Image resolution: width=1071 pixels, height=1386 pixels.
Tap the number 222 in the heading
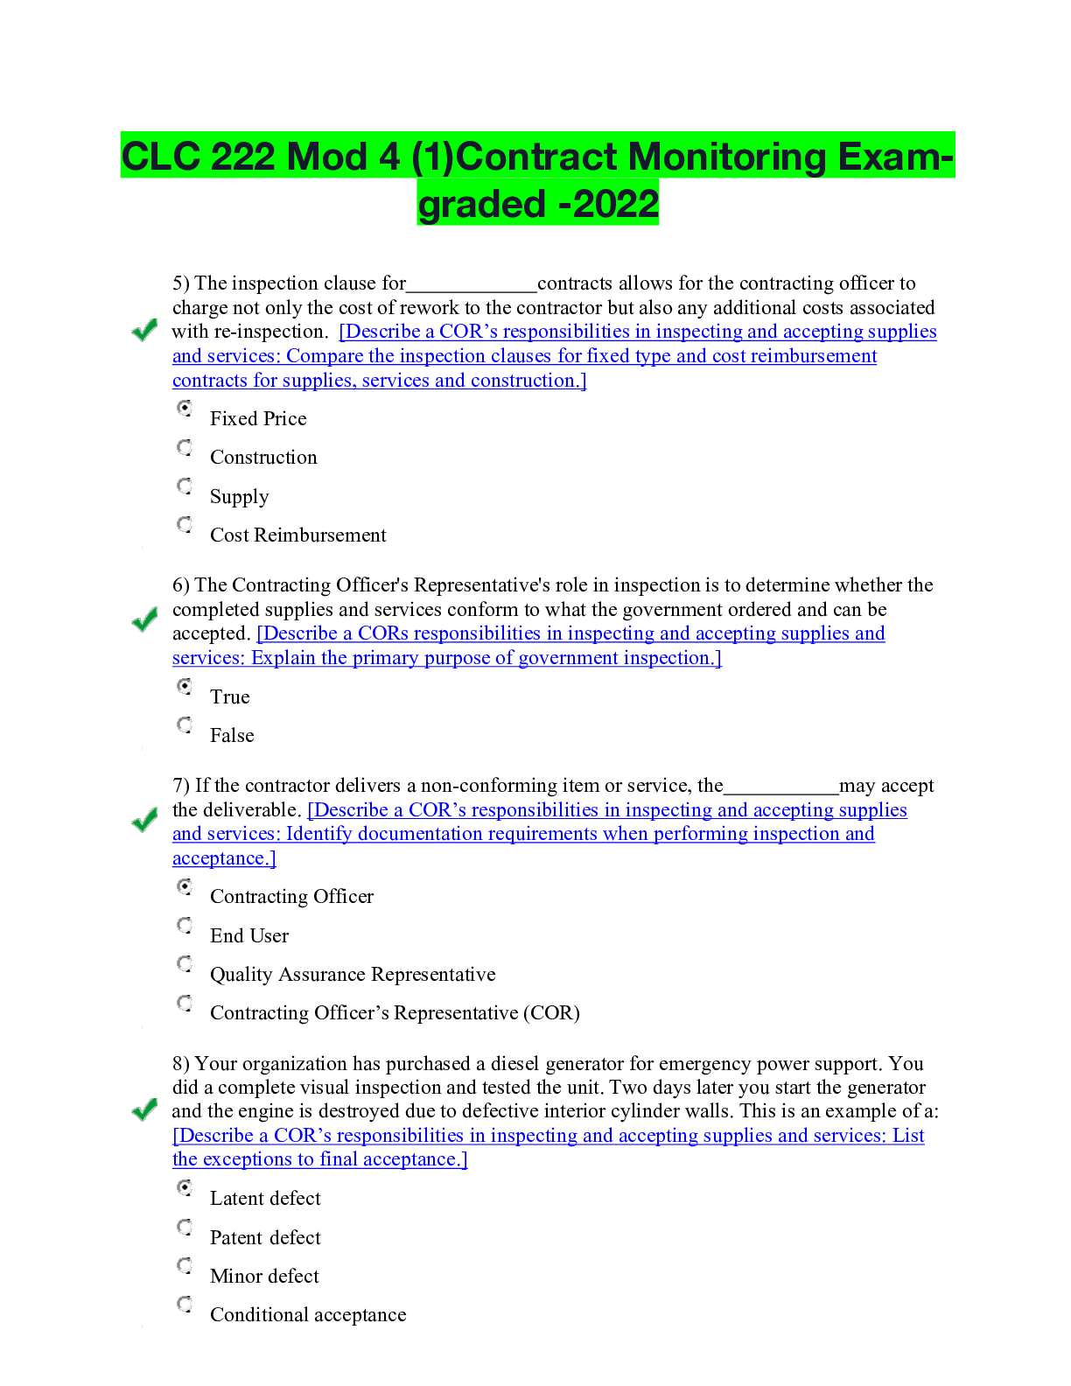(241, 157)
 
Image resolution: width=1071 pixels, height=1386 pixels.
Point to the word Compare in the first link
(323, 356)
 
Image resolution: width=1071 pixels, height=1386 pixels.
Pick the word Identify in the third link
(318, 834)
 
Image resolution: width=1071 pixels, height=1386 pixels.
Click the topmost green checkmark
(144, 330)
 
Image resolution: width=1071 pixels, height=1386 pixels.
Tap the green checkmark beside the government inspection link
(144, 619)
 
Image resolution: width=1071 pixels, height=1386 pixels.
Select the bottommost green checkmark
(144, 1109)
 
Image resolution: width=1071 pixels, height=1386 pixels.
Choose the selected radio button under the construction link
(185, 408)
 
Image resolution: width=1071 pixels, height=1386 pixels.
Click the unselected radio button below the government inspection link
(185, 724)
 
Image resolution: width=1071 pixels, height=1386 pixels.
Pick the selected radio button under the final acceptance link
(185, 1187)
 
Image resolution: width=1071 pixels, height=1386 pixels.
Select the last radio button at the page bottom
(185, 1304)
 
